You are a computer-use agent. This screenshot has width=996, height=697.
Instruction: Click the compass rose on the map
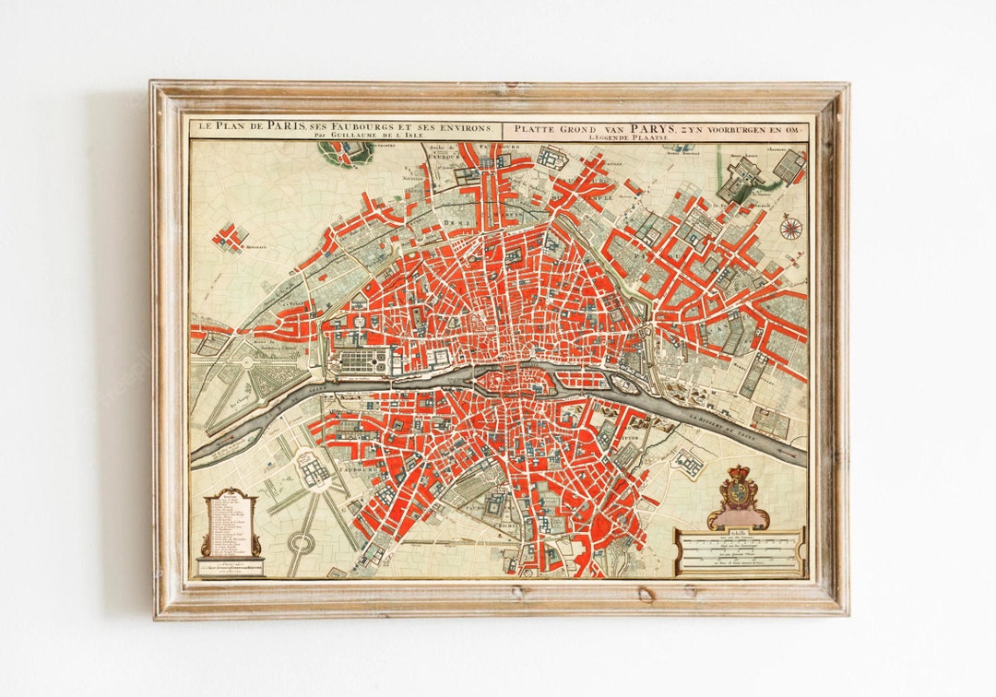(x=790, y=227)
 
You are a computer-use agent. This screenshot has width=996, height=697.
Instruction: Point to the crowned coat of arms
(x=737, y=496)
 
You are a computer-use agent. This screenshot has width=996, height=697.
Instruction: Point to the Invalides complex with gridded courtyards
(x=314, y=469)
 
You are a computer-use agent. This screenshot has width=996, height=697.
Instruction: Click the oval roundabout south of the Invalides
(x=300, y=542)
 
